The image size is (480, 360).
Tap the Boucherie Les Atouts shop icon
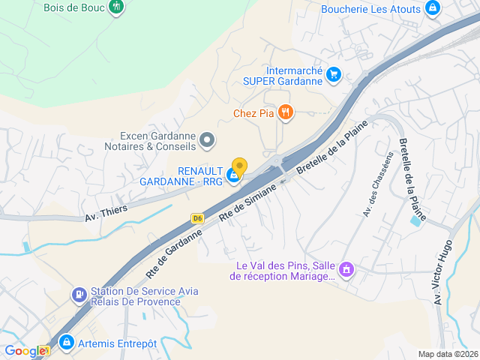tap(432, 9)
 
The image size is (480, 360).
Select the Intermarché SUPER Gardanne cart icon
tap(334, 74)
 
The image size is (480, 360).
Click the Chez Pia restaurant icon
tap(285, 113)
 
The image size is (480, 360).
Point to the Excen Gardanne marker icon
tap(208, 139)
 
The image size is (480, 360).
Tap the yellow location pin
tap(239, 166)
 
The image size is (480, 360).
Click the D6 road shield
tap(197, 218)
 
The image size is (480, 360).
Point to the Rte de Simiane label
tap(248, 202)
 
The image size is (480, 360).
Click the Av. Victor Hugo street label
tap(442, 271)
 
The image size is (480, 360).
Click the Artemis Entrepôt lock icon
tap(66, 343)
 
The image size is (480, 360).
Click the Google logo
tap(25, 351)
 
